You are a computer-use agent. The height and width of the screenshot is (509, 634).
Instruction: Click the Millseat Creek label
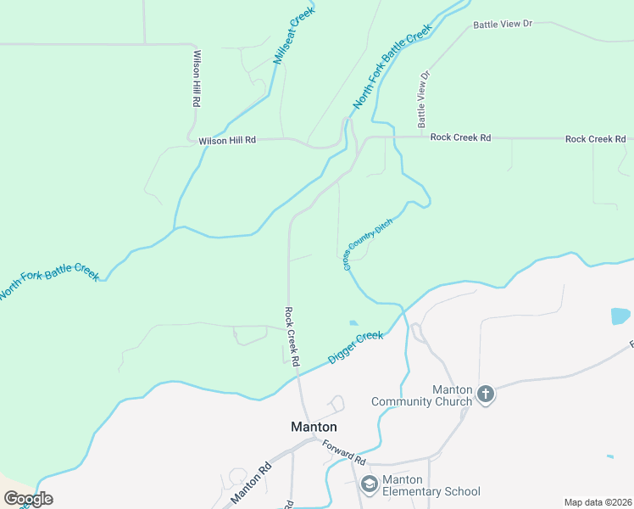294,36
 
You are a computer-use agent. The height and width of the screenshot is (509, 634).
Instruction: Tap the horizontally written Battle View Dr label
503,24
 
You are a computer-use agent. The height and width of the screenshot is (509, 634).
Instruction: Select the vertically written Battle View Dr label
424,94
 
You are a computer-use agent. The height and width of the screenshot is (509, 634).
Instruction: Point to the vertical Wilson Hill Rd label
197,78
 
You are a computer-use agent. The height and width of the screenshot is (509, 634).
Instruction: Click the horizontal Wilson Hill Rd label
227,141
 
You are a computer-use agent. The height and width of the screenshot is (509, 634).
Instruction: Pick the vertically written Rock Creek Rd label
292,336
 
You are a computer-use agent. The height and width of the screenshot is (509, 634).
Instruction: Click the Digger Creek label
356,348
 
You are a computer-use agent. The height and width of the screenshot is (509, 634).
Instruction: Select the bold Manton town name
314,427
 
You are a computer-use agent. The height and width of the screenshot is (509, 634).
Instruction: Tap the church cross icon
486,394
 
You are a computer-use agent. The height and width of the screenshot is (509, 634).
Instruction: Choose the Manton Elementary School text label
431,485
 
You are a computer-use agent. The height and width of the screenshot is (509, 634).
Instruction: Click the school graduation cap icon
369,484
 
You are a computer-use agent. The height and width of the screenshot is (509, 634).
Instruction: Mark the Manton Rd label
253,479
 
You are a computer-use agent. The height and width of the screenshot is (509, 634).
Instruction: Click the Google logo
28,499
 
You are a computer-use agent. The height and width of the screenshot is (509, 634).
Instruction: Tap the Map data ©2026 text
598,502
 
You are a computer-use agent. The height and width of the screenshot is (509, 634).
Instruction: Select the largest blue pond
620,316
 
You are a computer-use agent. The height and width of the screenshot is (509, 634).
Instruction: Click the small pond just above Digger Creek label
353,322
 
